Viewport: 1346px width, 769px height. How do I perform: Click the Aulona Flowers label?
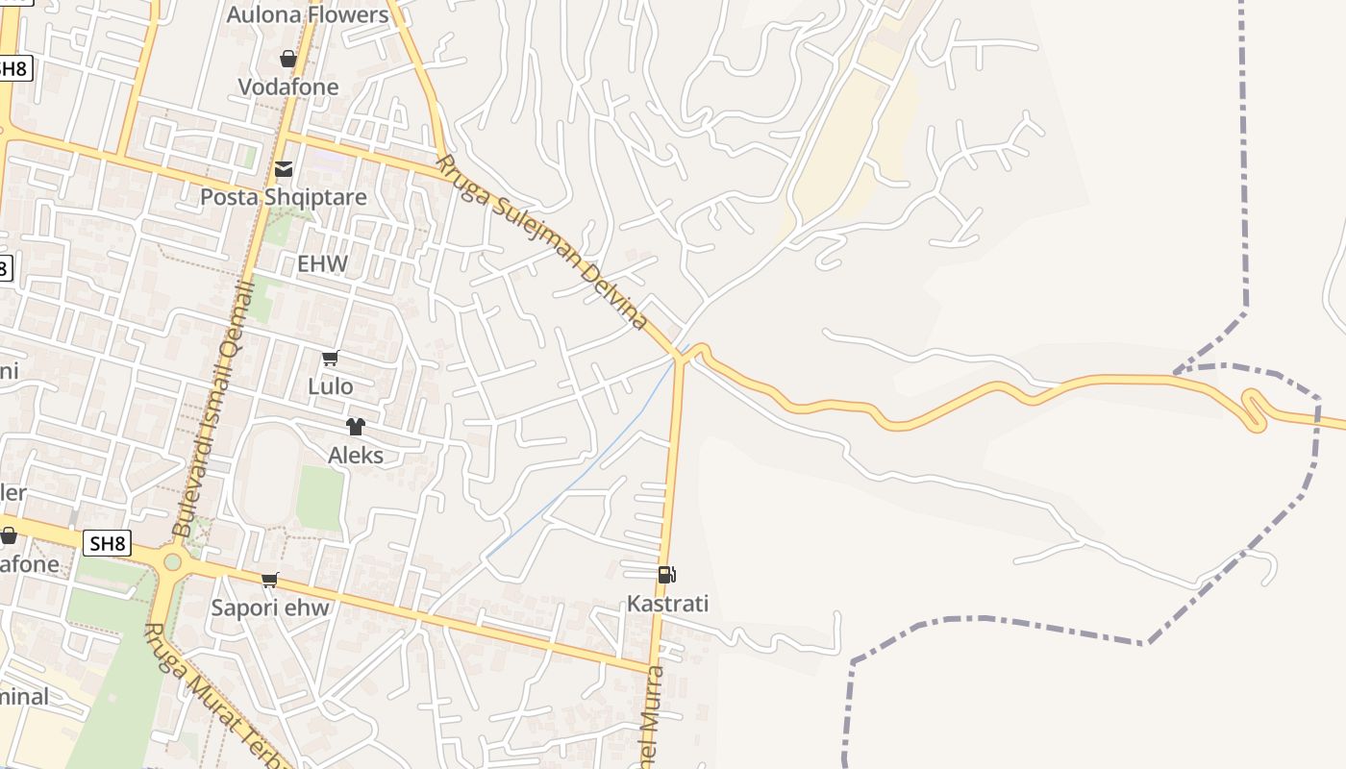click(x=308, y=15)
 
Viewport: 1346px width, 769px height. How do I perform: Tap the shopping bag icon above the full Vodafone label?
click(x=287, y=59)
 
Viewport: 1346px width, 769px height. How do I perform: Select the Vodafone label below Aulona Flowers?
click(x=288, y=87)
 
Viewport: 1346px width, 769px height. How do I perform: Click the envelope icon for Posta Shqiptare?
click(x=284, y=169)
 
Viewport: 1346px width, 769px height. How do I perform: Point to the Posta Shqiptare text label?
click(x=284, y=197)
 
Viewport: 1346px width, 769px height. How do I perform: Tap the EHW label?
click(x=322, y=263)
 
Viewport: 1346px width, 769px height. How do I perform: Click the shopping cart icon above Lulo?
click(x=330, y=359)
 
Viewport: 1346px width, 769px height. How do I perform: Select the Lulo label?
click(x=330, y=386)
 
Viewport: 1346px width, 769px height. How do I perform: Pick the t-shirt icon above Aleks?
click(x=356, y=427)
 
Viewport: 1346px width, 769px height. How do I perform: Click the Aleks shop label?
click(x=356, y=455)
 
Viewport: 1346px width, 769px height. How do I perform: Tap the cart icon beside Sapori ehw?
click(x=270, y=580)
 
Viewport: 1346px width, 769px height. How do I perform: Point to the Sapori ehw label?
click(x=270, y=608)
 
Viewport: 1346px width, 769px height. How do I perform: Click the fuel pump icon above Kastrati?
click(x=666, y=575)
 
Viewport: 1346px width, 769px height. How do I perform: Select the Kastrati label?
click(x=667, y=604)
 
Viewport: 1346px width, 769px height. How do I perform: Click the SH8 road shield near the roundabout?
click(x=108, y=543)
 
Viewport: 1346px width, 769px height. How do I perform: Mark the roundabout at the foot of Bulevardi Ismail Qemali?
click(x=172, y=561)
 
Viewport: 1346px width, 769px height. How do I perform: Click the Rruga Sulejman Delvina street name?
click(x=543, y=242)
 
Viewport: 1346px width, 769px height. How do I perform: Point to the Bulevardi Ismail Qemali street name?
click(x=212, y=413)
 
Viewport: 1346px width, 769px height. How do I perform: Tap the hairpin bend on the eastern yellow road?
click(x=1254, y=409)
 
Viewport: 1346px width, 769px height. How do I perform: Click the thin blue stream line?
click(x=586, y=471)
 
